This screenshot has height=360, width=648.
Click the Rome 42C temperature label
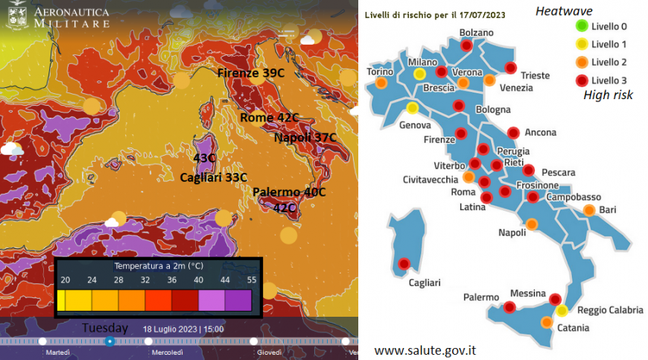[x=269, y=118]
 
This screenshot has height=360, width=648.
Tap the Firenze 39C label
[x=251, y=73]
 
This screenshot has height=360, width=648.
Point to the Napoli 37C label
[x=305, y=138]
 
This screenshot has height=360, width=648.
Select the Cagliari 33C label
[x=214, y=177]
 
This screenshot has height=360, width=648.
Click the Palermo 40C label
[x=289, y=192]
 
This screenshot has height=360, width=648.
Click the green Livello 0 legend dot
[x=582, y=28]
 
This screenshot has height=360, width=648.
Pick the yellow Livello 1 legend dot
[x=582, y=45]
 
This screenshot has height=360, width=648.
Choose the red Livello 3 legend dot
[x=582, y=79]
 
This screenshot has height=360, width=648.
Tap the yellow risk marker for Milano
[x=420, y=74]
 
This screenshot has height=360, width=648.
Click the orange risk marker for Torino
[x=381, y=83]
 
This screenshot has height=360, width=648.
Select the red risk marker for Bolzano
[x=466, y=45]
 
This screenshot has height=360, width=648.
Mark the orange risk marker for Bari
[x=589, y=209]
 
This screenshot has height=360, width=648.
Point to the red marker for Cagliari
[x=404, y=263]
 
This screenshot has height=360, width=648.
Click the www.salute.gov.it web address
[x=425, y=350]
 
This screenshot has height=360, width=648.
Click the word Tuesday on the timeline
[x=105, y=328]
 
